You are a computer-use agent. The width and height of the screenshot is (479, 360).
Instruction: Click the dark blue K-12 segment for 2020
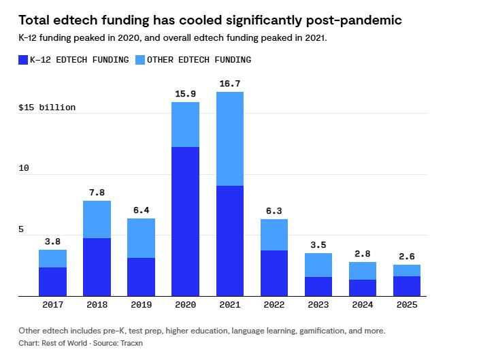185,221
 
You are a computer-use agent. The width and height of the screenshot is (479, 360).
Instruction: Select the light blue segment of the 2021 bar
229,139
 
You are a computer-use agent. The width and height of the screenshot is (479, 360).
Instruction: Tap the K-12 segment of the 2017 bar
52,282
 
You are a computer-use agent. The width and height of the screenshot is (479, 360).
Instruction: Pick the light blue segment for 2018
97,219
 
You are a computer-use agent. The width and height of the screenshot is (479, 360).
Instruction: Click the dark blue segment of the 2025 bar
406,286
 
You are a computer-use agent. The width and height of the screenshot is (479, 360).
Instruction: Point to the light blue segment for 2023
318,265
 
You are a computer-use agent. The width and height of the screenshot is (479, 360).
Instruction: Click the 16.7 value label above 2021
229,84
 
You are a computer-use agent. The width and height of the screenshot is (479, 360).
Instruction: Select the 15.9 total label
185,93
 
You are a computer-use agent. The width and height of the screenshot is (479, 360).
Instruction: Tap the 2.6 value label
406,257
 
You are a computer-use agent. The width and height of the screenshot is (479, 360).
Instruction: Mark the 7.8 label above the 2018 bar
97,193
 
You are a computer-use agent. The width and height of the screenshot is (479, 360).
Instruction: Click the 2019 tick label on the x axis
141,306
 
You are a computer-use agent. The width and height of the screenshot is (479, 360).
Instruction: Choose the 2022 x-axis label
274,306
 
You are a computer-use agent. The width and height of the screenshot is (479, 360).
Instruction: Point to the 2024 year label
362,306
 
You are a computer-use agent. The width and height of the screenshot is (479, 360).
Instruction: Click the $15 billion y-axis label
47,108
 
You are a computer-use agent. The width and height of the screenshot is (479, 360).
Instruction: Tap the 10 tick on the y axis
24,168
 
